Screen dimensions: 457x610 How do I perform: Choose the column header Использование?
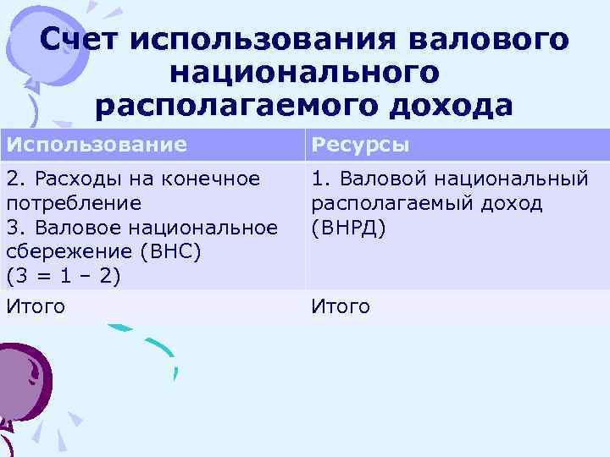(97, 145)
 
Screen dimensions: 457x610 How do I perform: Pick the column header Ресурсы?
(360, 145)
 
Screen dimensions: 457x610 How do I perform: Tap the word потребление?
(73, 204)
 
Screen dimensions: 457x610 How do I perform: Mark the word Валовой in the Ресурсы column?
(369, 179)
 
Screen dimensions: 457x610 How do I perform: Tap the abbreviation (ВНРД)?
(348, 228)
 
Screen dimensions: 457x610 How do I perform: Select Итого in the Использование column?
(36, 306)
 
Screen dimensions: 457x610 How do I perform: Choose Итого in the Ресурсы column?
(341, 306)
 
